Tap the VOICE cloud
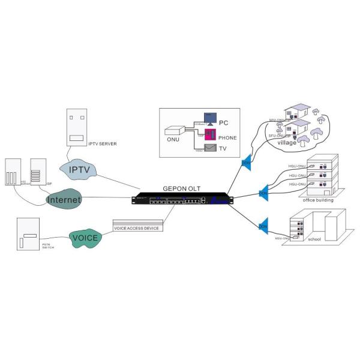(85, 237)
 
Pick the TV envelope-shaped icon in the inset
(211, 148)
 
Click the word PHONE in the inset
(227, 137)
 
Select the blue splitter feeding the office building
(263, 193)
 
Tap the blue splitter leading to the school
(263, 226)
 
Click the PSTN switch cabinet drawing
(29, 234)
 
